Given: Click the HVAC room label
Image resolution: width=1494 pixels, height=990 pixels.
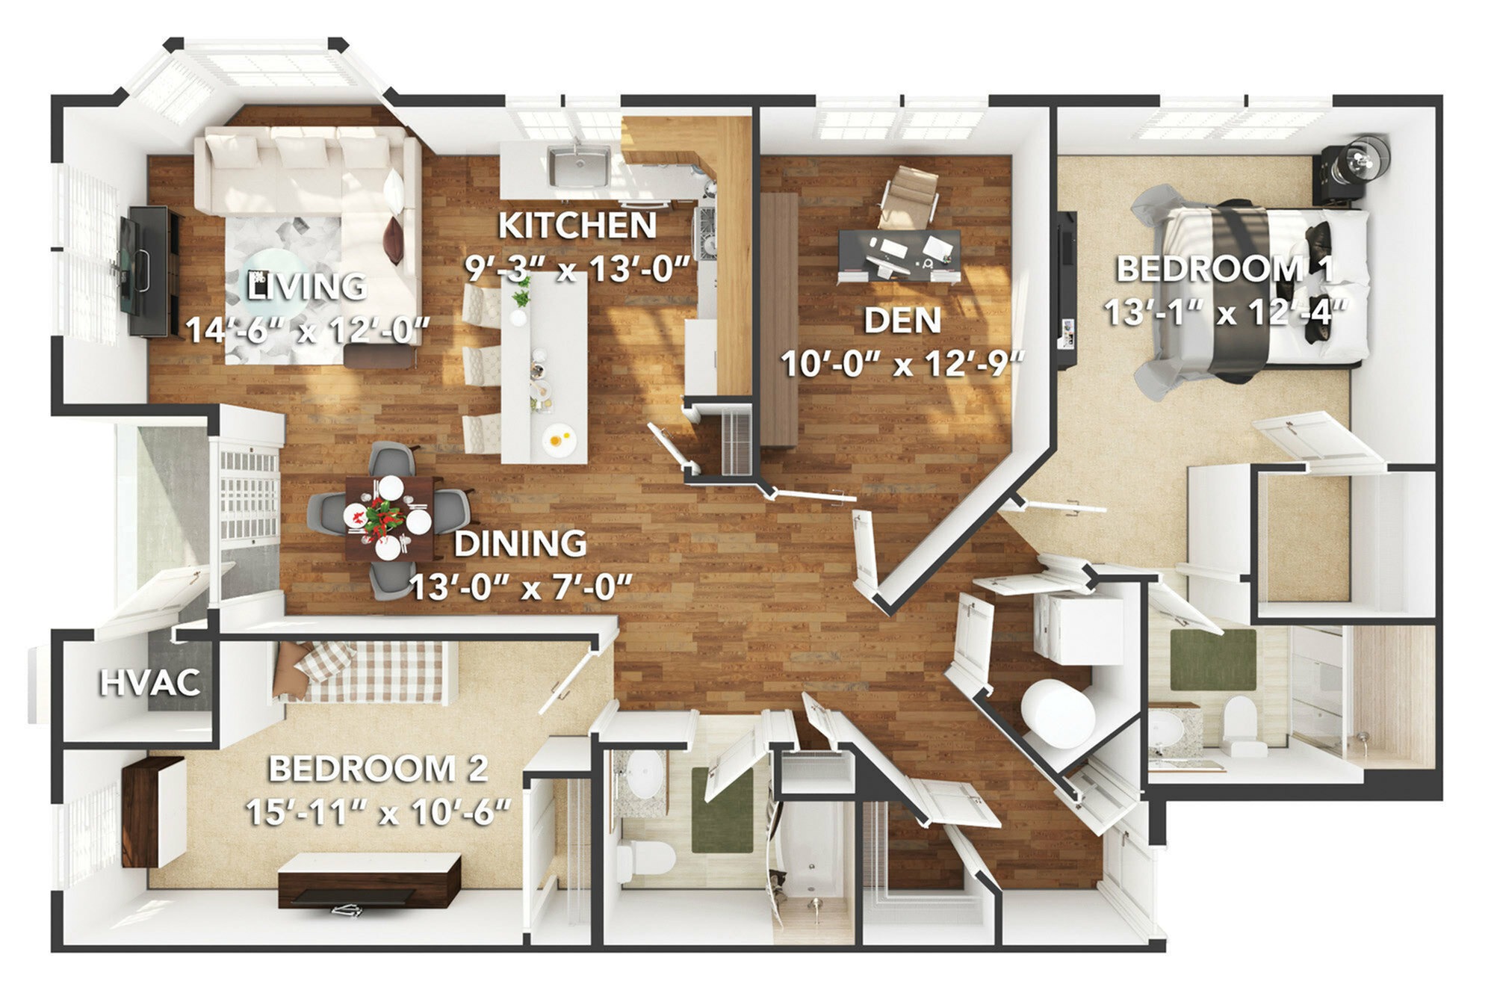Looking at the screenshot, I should pyautogui.click(x=149, y=683).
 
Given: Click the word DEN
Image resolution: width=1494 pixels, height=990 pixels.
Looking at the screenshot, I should pyautogui.click(x=902, y=320).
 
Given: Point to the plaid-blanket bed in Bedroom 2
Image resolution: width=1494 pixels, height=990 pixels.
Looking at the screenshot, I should pyautogui.click(x=366, y=672).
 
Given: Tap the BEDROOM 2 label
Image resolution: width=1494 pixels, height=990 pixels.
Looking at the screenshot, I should pyautogui.click(x=378, y=769).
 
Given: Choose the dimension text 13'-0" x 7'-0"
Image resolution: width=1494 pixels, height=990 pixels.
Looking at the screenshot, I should pyautogui.click(x=521, y=587).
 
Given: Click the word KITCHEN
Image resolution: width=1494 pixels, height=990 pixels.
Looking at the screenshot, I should pyautogui.click(x=577, y=225).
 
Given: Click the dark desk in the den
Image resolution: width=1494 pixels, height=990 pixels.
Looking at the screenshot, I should pyautogui.click(x=900, y=255).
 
